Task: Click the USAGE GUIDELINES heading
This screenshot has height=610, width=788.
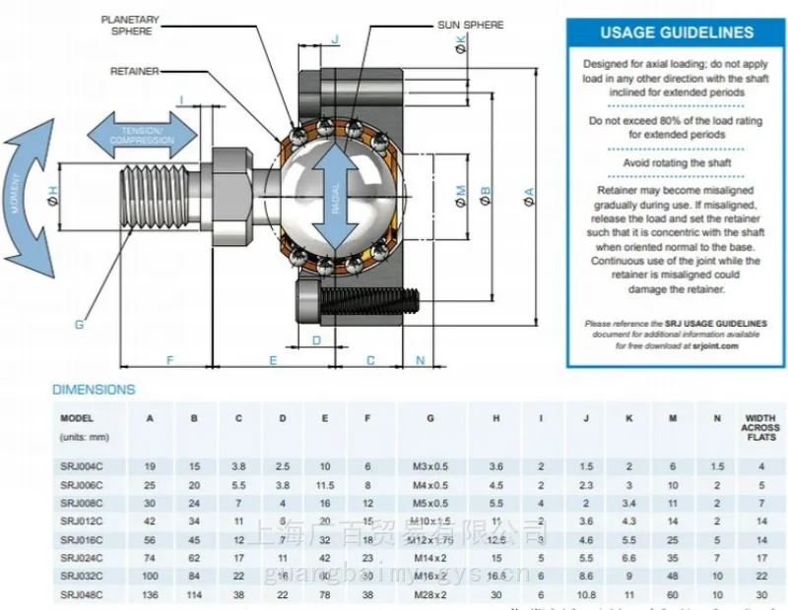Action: (677, 32)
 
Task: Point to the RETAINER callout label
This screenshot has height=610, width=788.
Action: (134, 71)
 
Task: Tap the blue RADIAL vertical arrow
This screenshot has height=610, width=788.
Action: (336, 196)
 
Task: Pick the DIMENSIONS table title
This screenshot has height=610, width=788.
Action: (94, 390)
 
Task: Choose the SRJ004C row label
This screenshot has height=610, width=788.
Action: (82, 465)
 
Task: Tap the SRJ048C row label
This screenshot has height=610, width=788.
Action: (82, 594)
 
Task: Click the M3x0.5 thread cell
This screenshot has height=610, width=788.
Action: (430, 465)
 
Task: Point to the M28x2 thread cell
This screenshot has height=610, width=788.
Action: (430, 594)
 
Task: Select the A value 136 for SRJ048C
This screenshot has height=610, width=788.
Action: (151, 594)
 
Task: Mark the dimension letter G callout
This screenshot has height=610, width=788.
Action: (79, 324)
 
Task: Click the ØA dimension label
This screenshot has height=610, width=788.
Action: (529, 196)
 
